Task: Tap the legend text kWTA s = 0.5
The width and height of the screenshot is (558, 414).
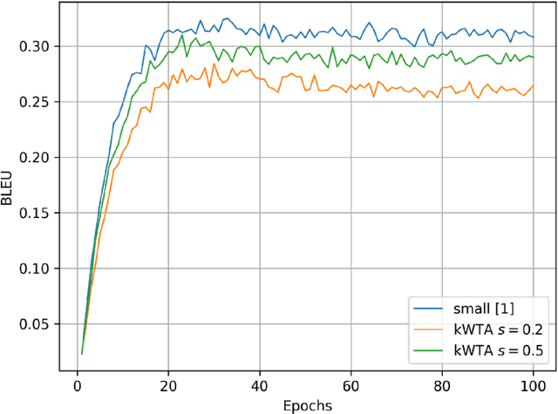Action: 494,350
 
